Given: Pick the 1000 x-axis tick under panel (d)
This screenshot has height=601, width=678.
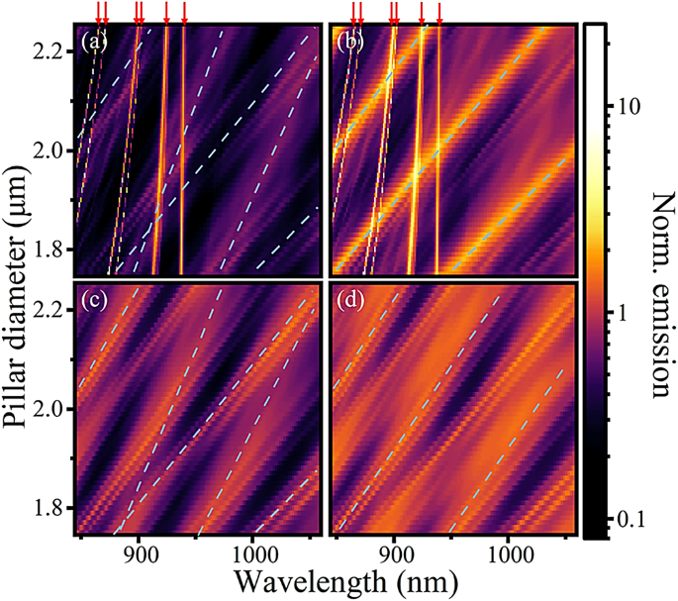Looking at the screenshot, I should coord(508,551).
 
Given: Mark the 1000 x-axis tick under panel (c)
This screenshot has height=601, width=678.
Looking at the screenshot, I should coord(252,551).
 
